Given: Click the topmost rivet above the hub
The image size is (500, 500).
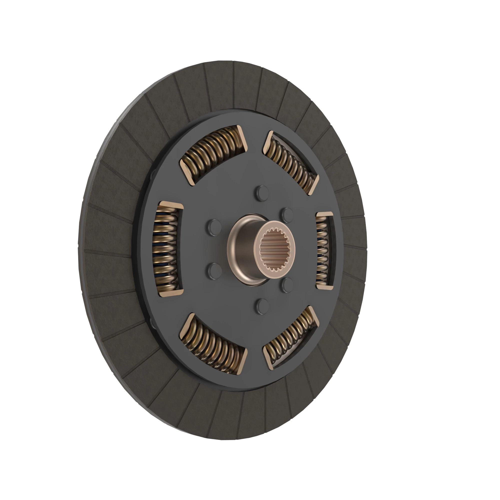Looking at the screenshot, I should pyautogui.click(x=262, y=192).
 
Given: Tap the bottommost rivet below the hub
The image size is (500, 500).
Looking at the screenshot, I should pyautogui.click(x=262, y=305).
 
